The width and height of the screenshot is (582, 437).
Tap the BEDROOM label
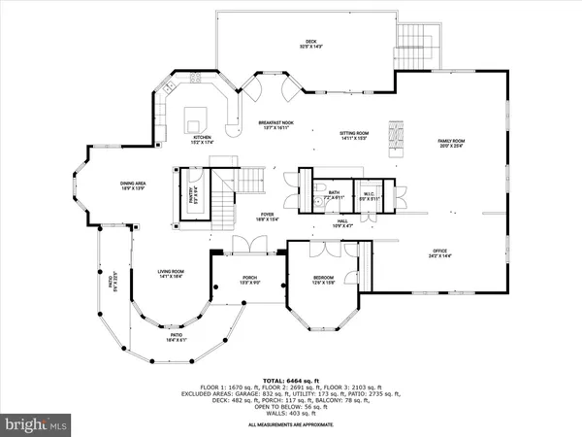coord(324,279)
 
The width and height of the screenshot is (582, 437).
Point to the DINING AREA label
coord(133,183)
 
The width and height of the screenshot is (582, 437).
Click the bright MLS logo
coord(37,424)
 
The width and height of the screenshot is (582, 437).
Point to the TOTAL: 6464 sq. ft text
coord(290,380)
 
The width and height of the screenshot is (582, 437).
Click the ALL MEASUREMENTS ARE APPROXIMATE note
coord(290,425)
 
